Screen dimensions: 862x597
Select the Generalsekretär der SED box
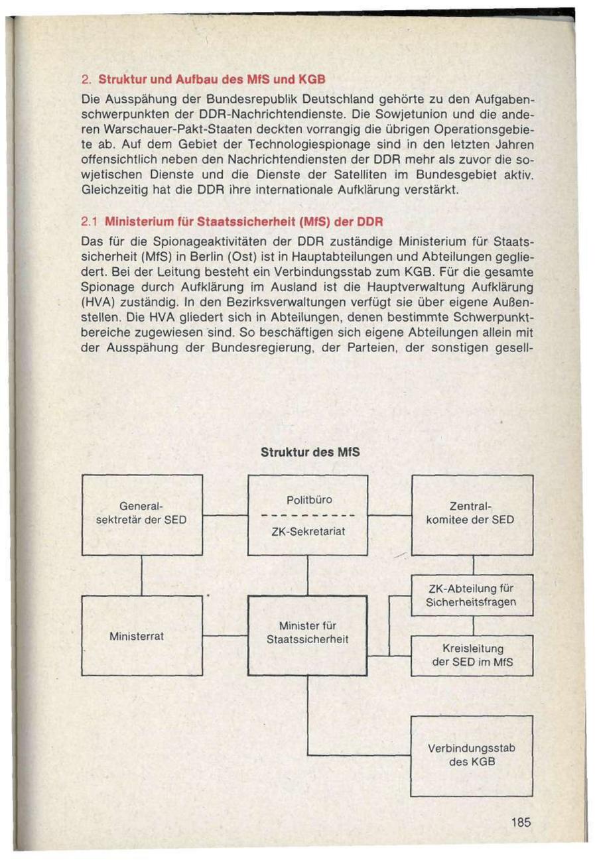[x=142, y=515]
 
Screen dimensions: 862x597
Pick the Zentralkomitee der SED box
[x=472, y=515]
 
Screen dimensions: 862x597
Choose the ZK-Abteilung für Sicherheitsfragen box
[x=472, y=595]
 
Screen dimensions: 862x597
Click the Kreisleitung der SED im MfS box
[x=472, y=655]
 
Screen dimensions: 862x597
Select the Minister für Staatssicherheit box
[x=307, y=634]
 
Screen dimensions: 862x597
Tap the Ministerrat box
[x=142, y=635]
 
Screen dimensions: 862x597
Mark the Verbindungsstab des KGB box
[x=472, y=755]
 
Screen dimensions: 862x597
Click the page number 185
[x=521, y=823]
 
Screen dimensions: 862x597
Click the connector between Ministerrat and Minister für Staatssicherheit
[x=225, y=636]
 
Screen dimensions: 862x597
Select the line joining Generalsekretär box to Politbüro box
[x=225, y=515]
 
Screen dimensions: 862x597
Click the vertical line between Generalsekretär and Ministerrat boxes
[x=142, y=576]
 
